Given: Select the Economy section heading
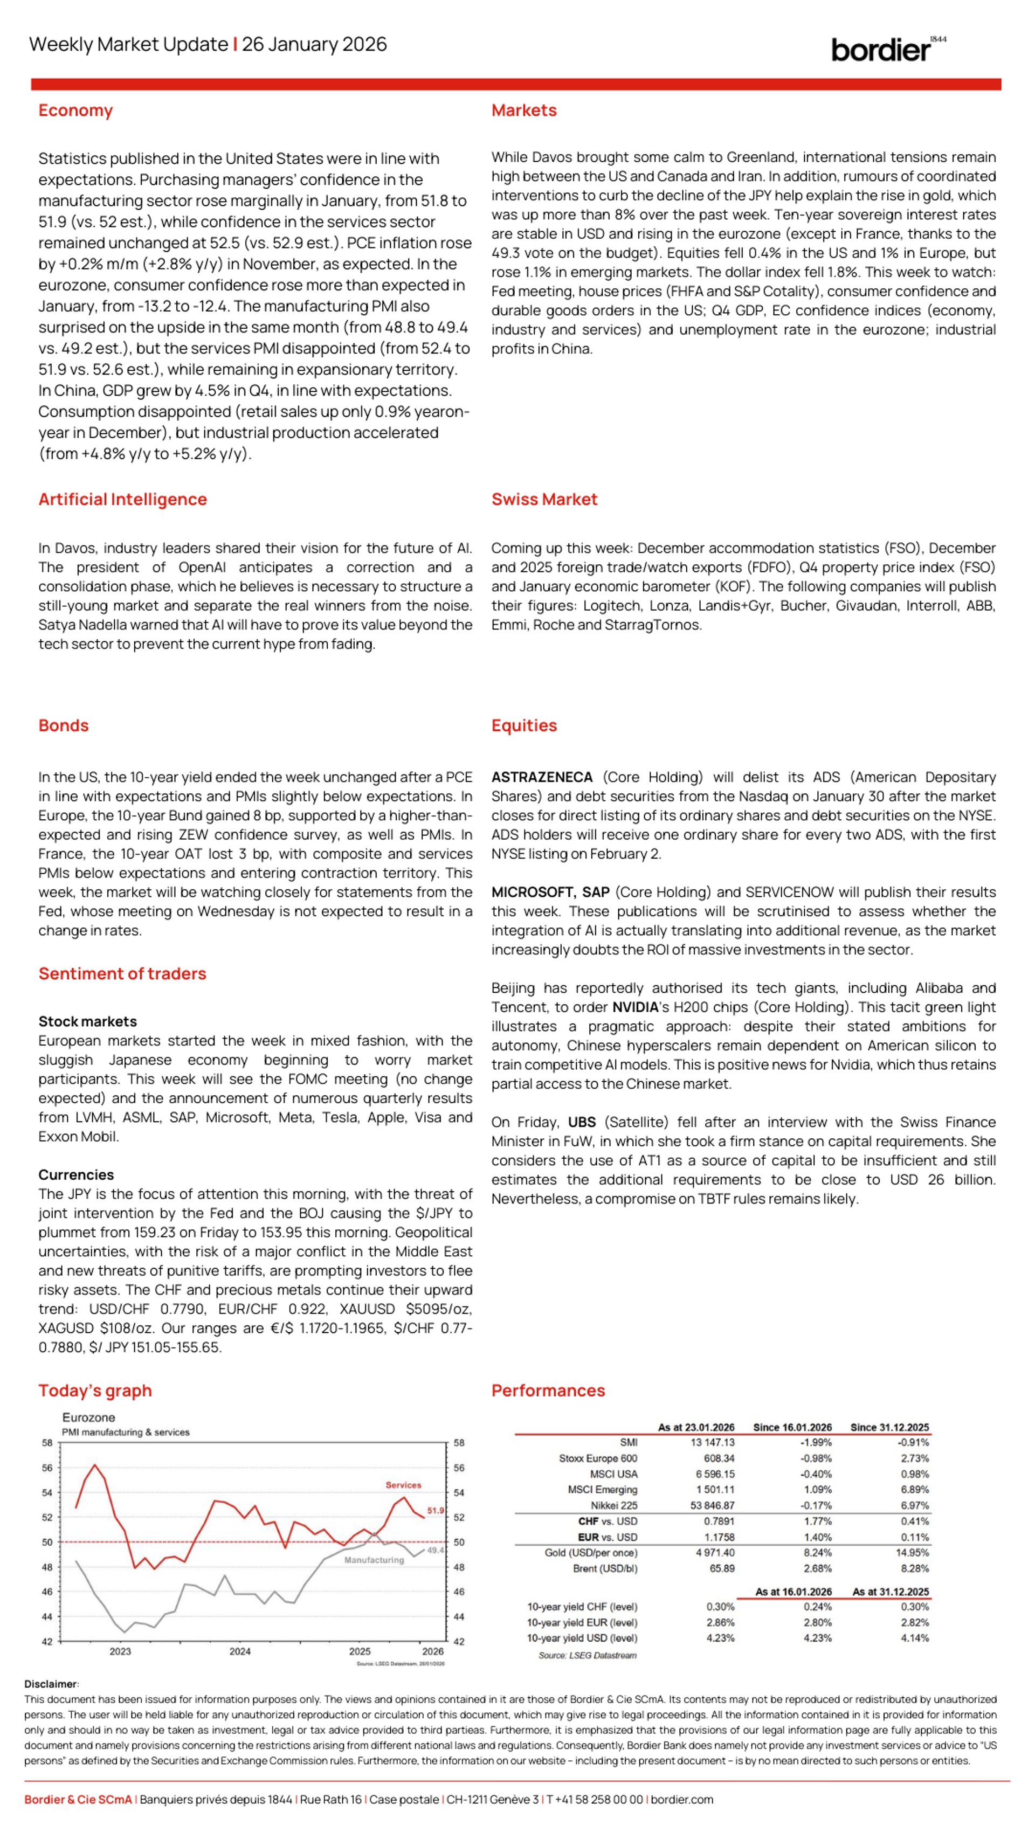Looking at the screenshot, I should (75, 110).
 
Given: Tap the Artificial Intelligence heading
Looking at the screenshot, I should (122, 499).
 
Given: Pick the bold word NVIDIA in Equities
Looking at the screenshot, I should (635, 1007).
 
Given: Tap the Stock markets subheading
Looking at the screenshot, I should (87, 1021).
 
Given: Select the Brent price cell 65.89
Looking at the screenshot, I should (721, 1568).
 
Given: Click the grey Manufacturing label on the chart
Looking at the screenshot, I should (374, 1560).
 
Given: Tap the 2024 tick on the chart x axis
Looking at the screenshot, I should (240, 1651).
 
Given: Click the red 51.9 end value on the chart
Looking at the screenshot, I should (435, 1511).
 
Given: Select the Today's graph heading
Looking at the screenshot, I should (95, 1391).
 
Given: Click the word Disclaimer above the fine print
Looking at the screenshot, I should (51, 1684).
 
